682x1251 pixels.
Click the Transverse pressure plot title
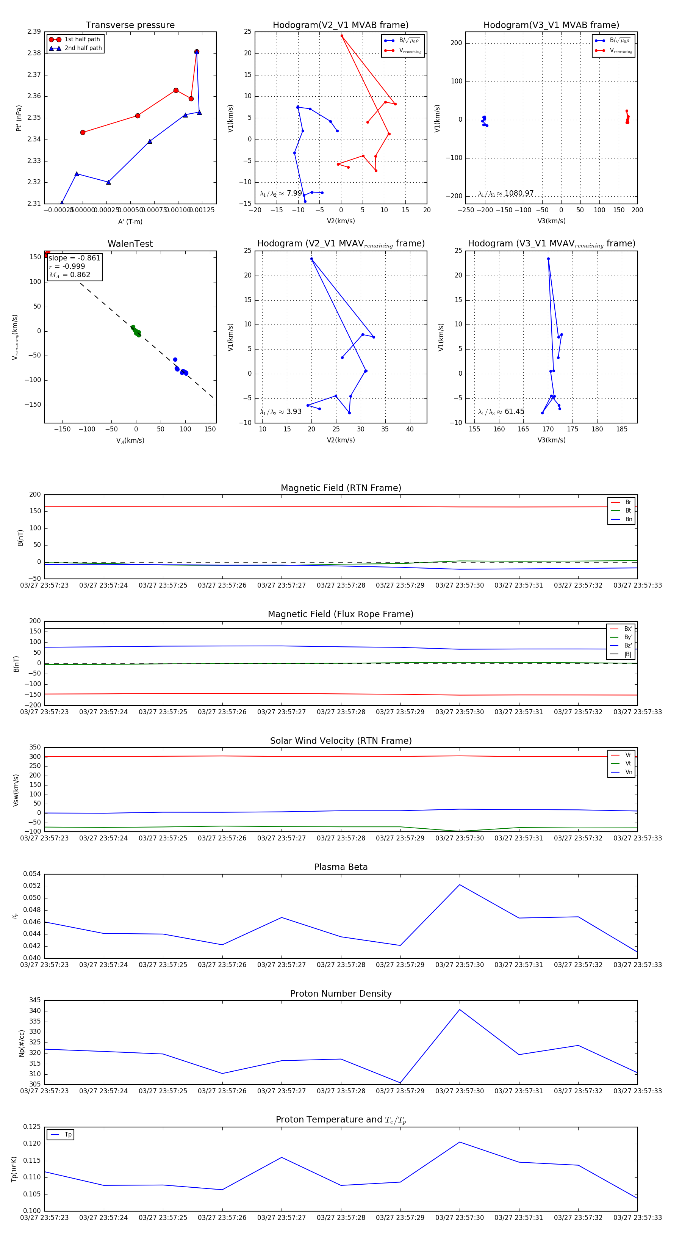point(130,25)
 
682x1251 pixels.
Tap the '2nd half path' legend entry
point(83,48)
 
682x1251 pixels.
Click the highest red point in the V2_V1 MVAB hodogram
point(342,36)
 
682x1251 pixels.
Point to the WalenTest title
point(130,244)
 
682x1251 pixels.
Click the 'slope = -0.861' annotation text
point(74,258)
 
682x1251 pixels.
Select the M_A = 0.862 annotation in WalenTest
point(69,275)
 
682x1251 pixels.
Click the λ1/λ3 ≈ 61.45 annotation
point(501,412)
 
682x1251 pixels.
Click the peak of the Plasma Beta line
point(460,885)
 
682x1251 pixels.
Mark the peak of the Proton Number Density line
point(460,1010)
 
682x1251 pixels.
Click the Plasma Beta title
point(341,867)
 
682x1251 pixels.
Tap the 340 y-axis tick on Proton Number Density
point(35,1011)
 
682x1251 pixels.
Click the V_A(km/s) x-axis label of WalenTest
point(130,441)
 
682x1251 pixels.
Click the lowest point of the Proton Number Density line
point(400,1083)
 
